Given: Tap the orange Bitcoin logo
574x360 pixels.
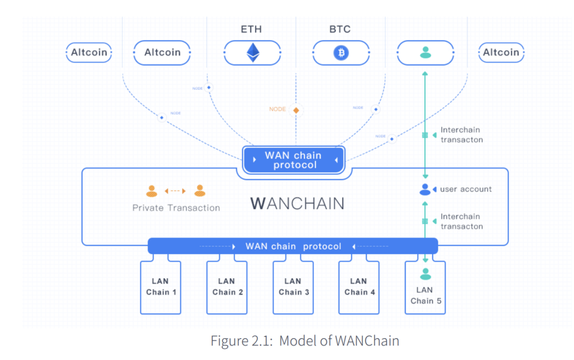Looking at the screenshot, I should click(340, 53).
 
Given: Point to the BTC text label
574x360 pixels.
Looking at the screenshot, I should click(340, 29).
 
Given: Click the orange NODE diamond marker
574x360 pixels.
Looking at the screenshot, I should click(296, 110).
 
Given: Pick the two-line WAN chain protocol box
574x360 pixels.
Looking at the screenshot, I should click(293, 160).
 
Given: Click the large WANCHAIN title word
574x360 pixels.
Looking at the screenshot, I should click(297, 202).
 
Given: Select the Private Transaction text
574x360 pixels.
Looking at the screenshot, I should click(176, 207).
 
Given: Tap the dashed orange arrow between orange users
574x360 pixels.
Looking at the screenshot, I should click(175, 191).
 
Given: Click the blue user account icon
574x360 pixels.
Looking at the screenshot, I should click(425, 190).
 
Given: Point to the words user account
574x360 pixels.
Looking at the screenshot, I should click(466, 190).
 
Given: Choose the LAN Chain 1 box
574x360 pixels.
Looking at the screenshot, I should click(161, 287).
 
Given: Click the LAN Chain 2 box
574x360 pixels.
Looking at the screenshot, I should click(227, 287).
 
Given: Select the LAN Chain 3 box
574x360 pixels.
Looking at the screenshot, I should click(293, 287).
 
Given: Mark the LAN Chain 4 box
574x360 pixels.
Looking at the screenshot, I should click(358, 287).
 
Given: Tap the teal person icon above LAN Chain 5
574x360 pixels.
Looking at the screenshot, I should click(425, 274).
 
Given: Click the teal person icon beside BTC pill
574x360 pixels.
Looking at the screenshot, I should click(425, 53).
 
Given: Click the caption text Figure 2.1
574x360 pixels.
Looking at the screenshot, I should click(305, 340).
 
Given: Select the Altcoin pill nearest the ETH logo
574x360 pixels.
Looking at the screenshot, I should click(163, 52).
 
